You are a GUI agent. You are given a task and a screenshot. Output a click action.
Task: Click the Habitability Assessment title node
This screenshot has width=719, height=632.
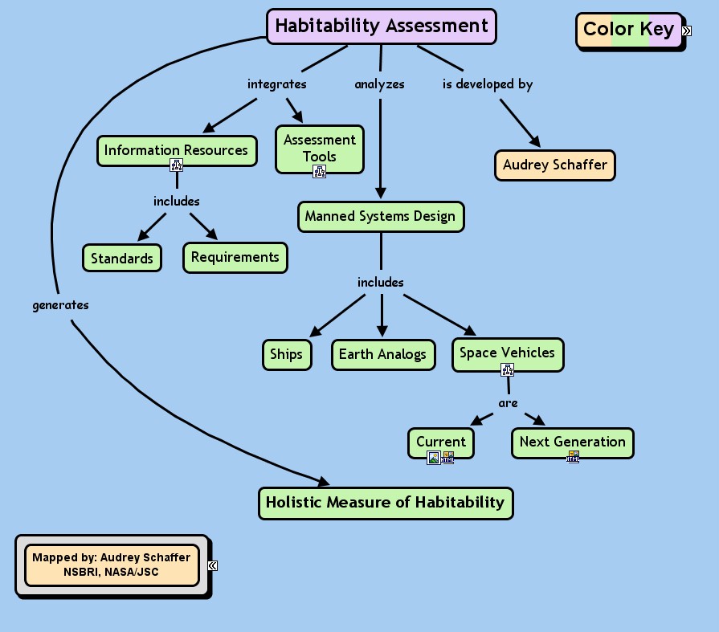coord(382,26)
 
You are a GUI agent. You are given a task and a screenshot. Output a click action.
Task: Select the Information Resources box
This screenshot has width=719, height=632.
coord(176,150)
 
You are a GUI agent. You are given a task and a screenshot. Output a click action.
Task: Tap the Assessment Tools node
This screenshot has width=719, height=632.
coord(319,148)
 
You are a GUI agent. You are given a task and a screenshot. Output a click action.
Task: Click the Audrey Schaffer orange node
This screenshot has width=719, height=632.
coord(554,165)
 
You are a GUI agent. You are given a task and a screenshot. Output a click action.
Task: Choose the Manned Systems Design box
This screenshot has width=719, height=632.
coord(381,216)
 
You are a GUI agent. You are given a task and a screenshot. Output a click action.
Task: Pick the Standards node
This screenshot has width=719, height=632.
coord(121,259)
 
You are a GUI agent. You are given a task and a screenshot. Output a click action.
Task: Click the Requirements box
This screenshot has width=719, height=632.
coord(235,257)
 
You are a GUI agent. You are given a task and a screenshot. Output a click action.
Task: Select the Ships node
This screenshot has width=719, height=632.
coord(286,354)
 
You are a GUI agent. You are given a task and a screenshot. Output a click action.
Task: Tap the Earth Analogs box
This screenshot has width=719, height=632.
coord(382,354)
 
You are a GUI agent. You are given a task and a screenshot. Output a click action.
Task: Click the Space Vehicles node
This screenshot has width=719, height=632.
coord(507,353)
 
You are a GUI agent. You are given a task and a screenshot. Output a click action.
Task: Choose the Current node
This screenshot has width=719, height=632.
coord(440,442)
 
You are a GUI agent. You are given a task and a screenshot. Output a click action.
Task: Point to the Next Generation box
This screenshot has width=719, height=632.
coord(572,442)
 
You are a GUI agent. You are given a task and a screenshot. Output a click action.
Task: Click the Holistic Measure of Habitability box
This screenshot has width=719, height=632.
coord(385,503)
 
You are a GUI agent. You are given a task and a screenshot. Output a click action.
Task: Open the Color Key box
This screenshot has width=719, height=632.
coord(628,30)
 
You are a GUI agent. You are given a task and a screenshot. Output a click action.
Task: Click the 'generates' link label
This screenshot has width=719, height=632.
coord(60,305)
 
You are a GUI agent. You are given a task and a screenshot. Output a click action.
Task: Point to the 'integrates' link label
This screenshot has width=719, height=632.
coord(276,84)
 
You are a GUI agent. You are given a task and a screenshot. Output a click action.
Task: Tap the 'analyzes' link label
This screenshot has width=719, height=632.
coord(379,84)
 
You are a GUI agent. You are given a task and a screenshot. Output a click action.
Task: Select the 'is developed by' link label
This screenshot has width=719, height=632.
coord(488,84)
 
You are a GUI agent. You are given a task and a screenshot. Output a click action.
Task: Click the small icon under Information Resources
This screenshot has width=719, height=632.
coord(177,165)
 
